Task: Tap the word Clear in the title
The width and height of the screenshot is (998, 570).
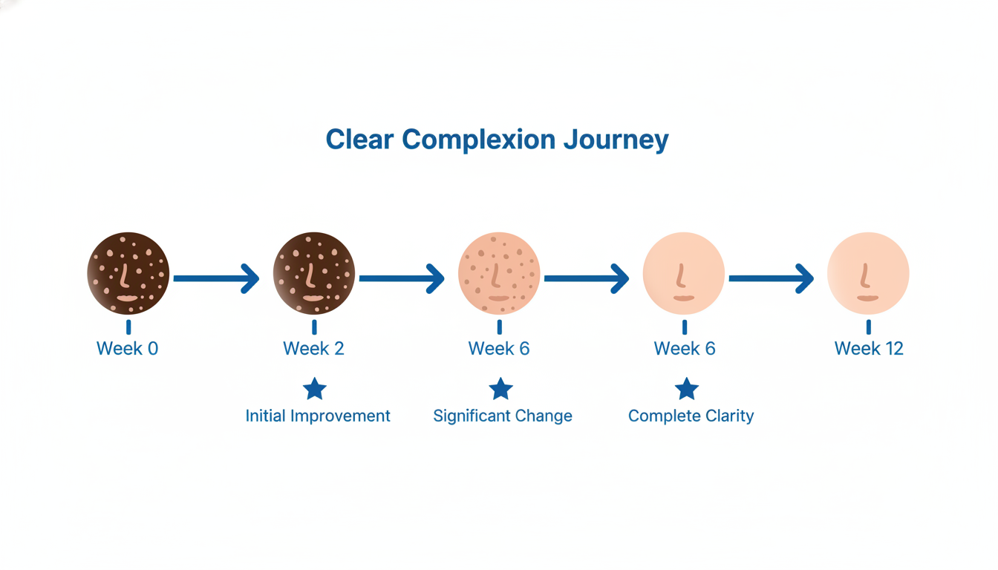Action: [x=361, y=140]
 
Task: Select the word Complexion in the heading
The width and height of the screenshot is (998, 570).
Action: [x=480, y=140]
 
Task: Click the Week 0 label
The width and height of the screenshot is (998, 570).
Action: [x=127, y=349]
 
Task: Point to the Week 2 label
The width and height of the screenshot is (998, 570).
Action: [x=313, y=349]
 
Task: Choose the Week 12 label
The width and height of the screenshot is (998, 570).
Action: [x=869, y=349]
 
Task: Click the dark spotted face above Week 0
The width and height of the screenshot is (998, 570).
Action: [x=128, y=272]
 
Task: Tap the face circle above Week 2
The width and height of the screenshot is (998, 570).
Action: [x=314, y=272]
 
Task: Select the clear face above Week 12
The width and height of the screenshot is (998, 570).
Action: [x=868, y=272]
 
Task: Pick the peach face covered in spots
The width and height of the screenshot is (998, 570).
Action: [x=499, y=272]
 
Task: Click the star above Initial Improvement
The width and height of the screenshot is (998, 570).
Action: [x=315, y=388]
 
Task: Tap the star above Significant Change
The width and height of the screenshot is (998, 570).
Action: [x=501, y=388]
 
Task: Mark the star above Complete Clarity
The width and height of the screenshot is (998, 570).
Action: [x=687, y=388]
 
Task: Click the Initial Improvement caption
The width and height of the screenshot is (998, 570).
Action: [x=318, y=416]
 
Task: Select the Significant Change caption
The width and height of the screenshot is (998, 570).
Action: [x=503, y=416]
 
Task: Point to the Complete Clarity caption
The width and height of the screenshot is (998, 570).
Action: [x=691, y=416]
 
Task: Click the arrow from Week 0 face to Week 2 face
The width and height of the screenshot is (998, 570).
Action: [x=216, y=279]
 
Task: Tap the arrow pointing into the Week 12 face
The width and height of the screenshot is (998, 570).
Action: [x=771, y=279]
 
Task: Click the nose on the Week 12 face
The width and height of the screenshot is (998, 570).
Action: [x=865, y=277]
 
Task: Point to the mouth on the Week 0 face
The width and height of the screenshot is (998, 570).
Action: [x=128, y=298]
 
